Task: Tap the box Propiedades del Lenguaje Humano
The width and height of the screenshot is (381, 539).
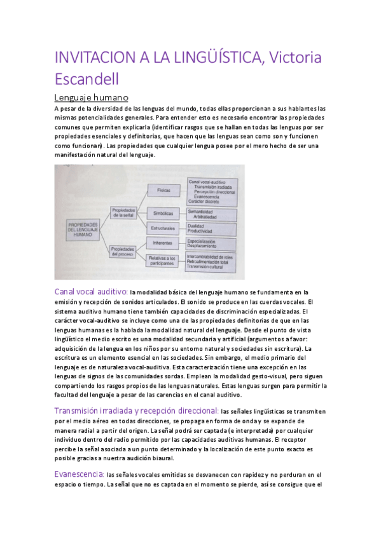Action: click(x=83, y=229)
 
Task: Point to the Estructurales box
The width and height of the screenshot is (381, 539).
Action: click(x=163, y=227)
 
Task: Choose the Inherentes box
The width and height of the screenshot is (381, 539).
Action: click(x=163, y=243)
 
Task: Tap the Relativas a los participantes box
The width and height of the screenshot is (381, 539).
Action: click(x=163, y=260)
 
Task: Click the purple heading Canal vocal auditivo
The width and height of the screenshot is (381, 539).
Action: click(x=91, y=291)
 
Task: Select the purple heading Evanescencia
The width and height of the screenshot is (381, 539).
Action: click(x=79, y=474)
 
